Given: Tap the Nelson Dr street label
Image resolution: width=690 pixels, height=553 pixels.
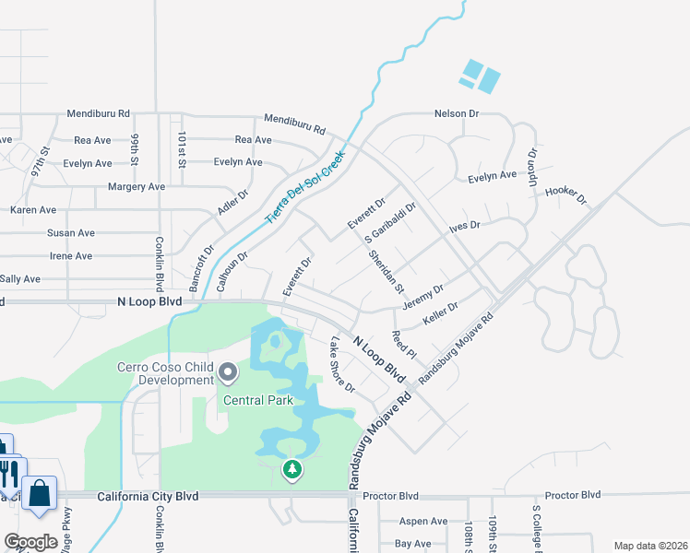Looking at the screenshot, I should pyautogui.click(x=458, y=113).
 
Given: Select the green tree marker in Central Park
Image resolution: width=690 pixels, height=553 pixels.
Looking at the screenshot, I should pyautogui.click(x=292, y=470).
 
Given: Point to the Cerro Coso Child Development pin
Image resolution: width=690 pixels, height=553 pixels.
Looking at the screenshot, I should pyautogui.click(x=228, y=373).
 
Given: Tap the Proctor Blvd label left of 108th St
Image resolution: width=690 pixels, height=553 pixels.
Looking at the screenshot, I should pyautogui.click(x=390, y=496).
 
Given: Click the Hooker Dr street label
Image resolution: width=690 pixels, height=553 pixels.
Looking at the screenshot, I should pyautogui.click(x=565, y=194).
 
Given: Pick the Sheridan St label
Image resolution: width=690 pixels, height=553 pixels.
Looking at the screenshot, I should pyautogui.click(x=387, y=271).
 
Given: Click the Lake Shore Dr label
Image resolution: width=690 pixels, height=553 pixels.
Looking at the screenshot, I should pyautogui.click(x=342, y=363).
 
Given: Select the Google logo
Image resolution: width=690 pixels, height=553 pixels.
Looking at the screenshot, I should pyautogui.click(x=30, y=542).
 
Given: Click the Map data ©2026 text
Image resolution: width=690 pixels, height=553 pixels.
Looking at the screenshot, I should pyautogui.click(x=649, y=546).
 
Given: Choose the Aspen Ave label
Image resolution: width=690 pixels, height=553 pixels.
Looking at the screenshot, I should pyautogui.click(x=423, y=521).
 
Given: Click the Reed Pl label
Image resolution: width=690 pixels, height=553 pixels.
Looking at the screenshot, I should pyautogui.click(x=404, y=345).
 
